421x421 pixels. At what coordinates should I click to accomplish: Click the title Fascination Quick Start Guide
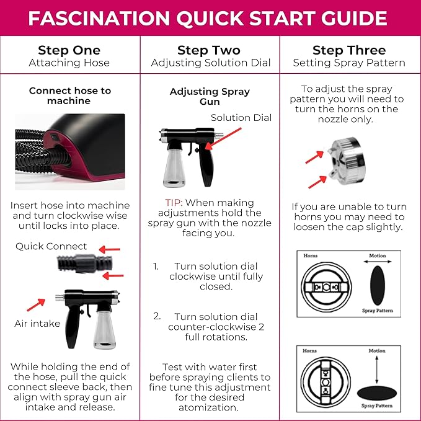[x=210, y=19]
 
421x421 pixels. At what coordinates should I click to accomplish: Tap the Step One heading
[x=69, y=50]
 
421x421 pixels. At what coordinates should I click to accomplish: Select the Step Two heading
[x=210, y=50]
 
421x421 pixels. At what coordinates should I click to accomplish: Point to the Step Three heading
[x=350, y=50]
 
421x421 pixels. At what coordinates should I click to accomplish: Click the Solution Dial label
[x=241, y=118]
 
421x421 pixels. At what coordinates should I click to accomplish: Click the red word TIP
[x=174, y=203]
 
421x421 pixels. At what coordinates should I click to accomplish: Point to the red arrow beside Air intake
[x=36, y=304]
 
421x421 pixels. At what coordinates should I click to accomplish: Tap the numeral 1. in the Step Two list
[x=157, y=266]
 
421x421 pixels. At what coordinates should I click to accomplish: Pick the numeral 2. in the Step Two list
[x=157, y=316]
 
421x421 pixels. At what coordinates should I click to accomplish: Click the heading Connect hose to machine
[x=69, y=95]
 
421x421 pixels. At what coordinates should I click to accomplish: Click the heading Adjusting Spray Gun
[x=210, y=96]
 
